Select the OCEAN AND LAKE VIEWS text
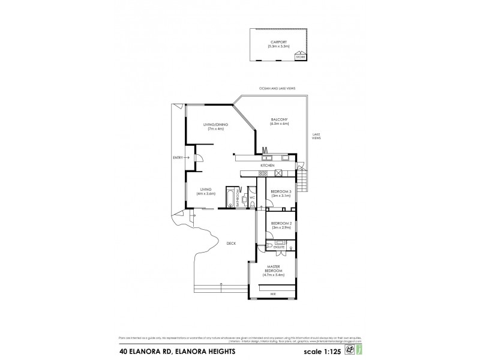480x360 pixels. coord(277,88)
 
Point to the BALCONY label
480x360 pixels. coord(279,119)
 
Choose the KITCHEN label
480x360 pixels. coord(267,165)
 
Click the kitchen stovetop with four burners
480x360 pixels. coord(278,173)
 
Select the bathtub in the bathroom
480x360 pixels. coord(230,197)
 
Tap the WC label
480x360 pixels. coord(253,197)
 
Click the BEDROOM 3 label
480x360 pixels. coord(281,191)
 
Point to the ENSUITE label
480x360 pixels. coord(279,246)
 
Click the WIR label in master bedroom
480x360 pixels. coord(273,294)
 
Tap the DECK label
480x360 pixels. coord(231,243)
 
